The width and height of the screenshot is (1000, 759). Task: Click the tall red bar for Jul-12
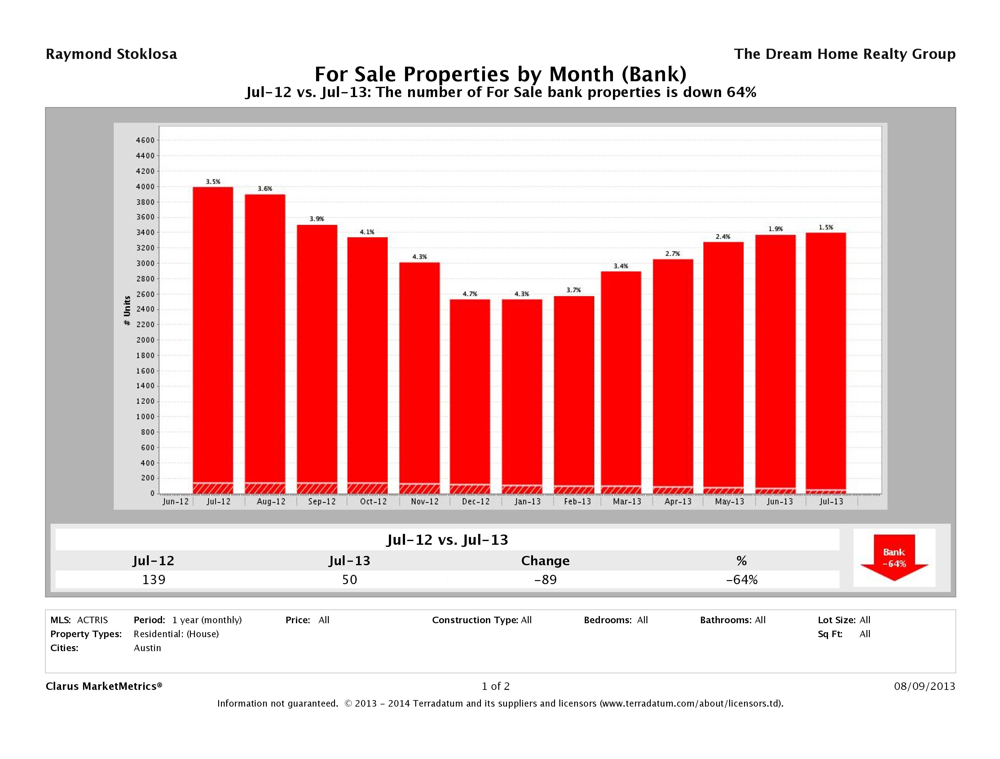pyautogui.click(x=213, y=335)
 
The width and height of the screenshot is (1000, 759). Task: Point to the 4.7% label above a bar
pyautogui.click(x=470, y=294)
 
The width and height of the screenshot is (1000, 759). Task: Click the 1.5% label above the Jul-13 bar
pyautogui.click(x=826, y=228)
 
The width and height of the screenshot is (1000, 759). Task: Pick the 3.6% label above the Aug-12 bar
pyautogui.click(x=265, y=189)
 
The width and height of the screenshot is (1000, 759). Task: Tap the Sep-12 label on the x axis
pyautogui.click(x=322, y=502)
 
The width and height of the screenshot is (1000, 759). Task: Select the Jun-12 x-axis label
pyautogui.click(x=175, y=502)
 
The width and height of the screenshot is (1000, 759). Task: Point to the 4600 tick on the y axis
pyautogui.click(x=145, y=140)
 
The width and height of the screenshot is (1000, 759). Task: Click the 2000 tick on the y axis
pyautogui.click(x=145, y=340)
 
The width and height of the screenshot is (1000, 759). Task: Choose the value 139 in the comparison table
pyautogui.click(x=154, y=579)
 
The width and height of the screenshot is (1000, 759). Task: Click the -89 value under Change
pyautogui.click(x=545, y=579)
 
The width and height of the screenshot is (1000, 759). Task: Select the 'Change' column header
pyautogui.click(x=545, y=561)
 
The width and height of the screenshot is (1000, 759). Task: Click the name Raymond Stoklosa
pyautogui.click(x=111, y=54)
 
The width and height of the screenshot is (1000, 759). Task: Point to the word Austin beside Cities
pyautogui.click(x=148, y=648)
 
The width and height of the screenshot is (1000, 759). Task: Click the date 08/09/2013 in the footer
pyautogui.click(x=924, y=686)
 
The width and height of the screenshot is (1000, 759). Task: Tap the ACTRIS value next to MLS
pyautogui.click(x=92, y=620)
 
